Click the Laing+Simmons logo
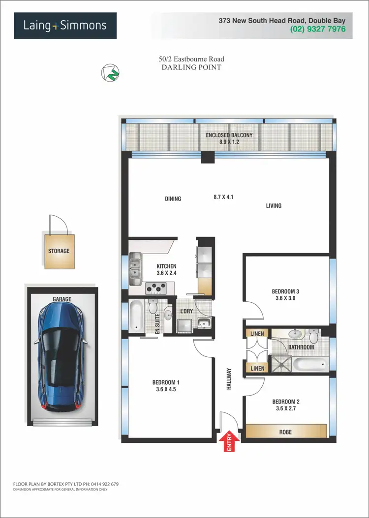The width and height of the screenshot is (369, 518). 65,25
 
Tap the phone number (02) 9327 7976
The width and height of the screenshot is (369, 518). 318,29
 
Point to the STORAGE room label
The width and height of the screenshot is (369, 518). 59,251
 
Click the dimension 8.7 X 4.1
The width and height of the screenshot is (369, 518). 223,197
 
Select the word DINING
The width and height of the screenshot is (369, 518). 173,199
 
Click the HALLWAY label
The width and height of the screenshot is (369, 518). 229,379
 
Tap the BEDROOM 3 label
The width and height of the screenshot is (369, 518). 285,291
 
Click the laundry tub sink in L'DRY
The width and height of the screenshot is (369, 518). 203,323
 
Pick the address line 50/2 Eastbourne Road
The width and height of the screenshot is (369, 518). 191,59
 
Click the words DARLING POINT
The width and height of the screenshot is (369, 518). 191,67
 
